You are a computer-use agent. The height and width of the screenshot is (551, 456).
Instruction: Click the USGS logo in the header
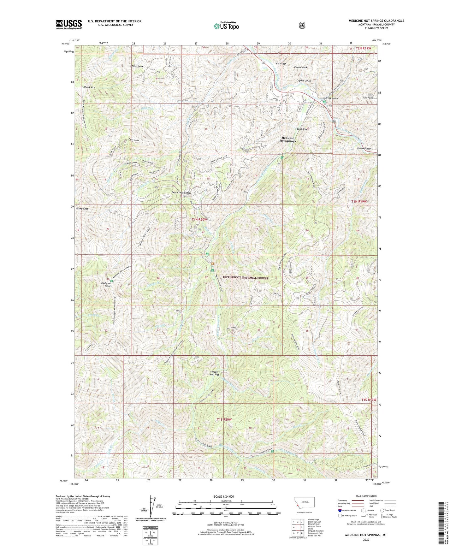tap(69, 24)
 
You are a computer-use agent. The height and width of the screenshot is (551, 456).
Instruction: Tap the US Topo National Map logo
tap(225, 26)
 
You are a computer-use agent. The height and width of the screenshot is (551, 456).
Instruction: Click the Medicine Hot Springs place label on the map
tap(288, 139)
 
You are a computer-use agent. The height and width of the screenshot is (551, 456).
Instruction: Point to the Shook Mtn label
tap(89, 87)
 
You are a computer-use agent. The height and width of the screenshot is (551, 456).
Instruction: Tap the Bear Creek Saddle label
tap(181, 193)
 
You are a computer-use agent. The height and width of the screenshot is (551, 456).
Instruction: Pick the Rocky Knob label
tap(82, 209)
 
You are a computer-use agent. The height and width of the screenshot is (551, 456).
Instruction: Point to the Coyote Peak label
tap(300, 67)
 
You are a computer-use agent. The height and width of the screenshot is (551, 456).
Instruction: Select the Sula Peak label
tap(368, 98)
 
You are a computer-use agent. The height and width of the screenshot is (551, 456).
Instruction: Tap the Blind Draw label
tap(138, 66)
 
